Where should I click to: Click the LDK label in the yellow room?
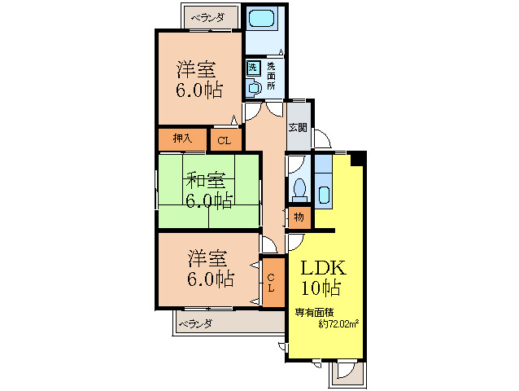point(325,268)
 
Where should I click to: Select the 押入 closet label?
point(182,138)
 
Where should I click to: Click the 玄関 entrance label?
point(298,127)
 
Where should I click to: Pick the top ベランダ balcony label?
point(207,15)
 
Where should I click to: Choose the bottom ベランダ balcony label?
point(195,324)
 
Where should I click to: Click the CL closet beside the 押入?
point(225,141)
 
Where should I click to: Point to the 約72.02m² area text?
point(339,323)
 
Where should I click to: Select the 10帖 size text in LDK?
point(322,288)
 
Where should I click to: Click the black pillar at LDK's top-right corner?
point(356,158)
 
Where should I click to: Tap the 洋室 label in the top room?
point(199,68)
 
